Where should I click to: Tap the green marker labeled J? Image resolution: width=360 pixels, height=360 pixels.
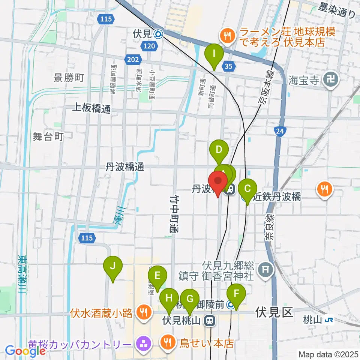[x=112, y=267]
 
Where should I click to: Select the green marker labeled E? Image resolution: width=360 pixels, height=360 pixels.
[x=157, y=277]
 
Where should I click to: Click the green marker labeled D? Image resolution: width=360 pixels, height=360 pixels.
[x=219, y=151]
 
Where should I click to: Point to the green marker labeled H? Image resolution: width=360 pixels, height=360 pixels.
[x=169, y=299]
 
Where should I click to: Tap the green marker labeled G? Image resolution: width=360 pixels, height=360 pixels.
[x=190, y=300]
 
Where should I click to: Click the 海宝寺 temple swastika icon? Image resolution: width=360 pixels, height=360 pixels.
[x=332, y=79]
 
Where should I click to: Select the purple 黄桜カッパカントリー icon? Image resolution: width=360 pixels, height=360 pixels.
[x=143, y=343]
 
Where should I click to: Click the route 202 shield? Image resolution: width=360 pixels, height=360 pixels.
[x=134, y=59]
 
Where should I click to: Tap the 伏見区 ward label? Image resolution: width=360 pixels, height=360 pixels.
[x=274, y=312]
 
